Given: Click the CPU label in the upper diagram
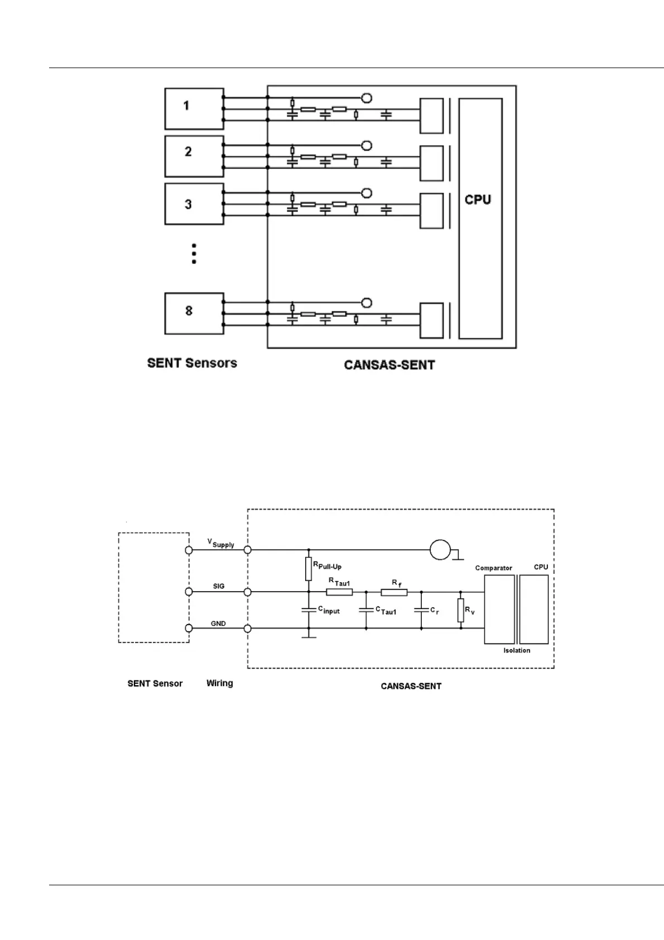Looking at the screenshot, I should (x=478, y=200).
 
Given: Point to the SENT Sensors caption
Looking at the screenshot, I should (x=192, y=363).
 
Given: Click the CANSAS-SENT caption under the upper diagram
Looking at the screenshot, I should (x=389, y=365).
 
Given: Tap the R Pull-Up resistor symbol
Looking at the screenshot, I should (x=308, y=568).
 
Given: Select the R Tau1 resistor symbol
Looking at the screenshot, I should (x=339, y=592).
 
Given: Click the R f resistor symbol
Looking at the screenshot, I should (x=394, y=592).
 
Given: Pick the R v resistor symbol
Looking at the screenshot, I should (x=461, y=610).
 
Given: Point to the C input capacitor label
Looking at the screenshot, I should (x=329, y=610).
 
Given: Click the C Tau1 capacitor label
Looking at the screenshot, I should (x=386, y=611).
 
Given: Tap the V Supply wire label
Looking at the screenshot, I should (x=220, y=543).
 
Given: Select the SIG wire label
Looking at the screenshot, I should (x=218, y=586).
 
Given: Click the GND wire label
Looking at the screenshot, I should (x=218, y=624).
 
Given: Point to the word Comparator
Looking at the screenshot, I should (x=493, y=568).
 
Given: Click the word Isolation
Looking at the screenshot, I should (x=517, y=650).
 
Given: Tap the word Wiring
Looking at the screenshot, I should (x=219, y=683).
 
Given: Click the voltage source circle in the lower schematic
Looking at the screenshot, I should (x=440, y=550).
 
